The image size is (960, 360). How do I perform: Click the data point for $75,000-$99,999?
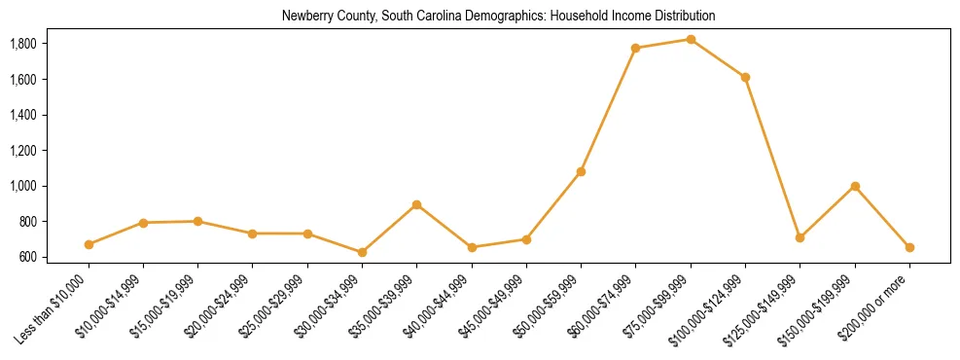point(691,40)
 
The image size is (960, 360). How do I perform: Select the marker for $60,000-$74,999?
point(635,48)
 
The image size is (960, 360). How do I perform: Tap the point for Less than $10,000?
point(89,244)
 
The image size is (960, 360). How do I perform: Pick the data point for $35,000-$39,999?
point(416,205)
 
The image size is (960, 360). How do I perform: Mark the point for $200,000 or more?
point(909,247)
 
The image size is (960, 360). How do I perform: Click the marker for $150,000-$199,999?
point(855,186)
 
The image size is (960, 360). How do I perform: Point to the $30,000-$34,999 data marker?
point(362,252)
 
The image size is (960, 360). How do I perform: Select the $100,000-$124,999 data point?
point(745,77)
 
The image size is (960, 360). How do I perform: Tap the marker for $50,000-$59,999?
point(581,172)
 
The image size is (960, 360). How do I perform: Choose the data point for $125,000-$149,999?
point(800,237)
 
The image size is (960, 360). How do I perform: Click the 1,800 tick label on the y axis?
point(22,44)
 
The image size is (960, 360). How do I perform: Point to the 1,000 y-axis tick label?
point(22,186)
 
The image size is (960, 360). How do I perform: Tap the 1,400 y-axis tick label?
point(22,115)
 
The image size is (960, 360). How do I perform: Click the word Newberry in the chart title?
point(304,17)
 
